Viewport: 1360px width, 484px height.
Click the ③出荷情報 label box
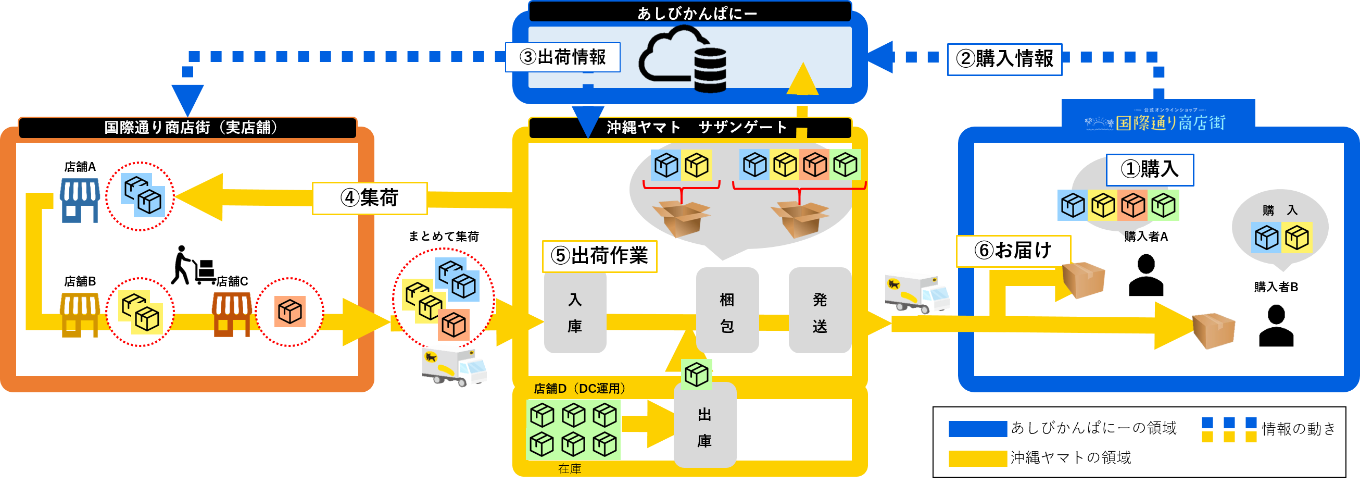(x=563, y=57)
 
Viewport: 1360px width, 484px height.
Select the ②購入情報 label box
(x=1004, y=59)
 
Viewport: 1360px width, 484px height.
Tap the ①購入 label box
(x=1150, y=170)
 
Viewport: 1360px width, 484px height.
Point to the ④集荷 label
(x=370, y=198)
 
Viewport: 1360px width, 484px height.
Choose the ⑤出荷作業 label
(x=600, y=256)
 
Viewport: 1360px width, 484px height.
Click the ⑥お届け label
(x=1013, y=251)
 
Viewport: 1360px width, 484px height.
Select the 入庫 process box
(x=575, y=313)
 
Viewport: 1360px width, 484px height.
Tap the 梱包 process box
(x=727, y=313)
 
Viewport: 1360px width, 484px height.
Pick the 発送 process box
(x=820, y=313)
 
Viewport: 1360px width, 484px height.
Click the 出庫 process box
(x=704, y=427)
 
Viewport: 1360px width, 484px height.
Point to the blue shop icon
(x=80, y=200)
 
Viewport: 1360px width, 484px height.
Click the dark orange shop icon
(x=232, y=314)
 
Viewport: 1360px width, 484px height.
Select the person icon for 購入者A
(x=1145, y=275)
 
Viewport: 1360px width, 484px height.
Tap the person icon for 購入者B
(x=1276, y=326)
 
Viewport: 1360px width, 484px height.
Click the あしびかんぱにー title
(x=697, y=13)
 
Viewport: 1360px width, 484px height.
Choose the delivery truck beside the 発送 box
(x=916, y=292)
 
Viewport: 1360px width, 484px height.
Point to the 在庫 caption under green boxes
(x=570, y=469)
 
